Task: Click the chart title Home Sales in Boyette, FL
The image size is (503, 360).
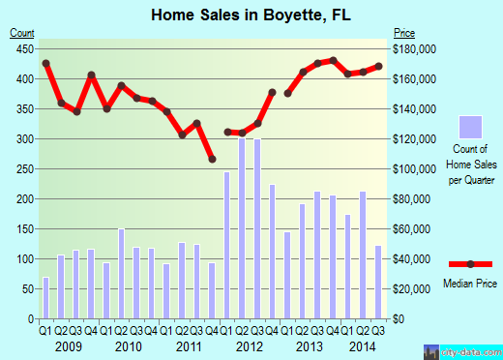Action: [251, 15]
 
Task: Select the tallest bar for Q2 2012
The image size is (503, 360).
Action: [243, 228]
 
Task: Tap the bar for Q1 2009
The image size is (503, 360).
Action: [45, 298]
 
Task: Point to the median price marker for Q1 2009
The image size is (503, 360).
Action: [45, 64]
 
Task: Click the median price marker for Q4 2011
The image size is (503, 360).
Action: [212, 160]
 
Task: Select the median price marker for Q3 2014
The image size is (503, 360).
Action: [379, 66]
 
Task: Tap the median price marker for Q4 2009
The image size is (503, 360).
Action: [91, 75]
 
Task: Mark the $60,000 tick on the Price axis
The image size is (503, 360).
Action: [411, 229]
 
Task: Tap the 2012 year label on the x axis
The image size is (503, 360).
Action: [251, 345]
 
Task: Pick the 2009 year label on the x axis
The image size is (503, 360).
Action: [69, 345]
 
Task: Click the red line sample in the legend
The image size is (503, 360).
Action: [469, 264]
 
